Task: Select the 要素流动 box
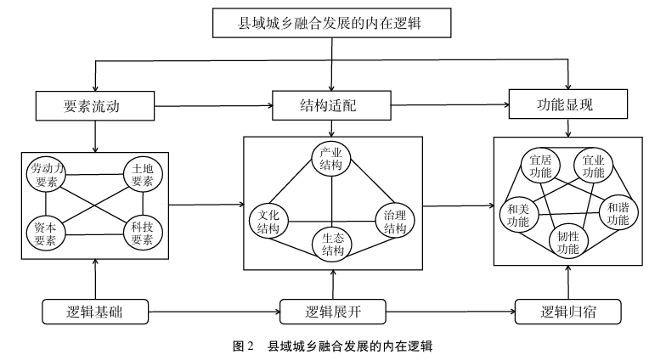(95, 106)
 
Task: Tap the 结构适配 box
(330, 107)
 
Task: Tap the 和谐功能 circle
(618, 212)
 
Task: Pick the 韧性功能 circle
(567, 242)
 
